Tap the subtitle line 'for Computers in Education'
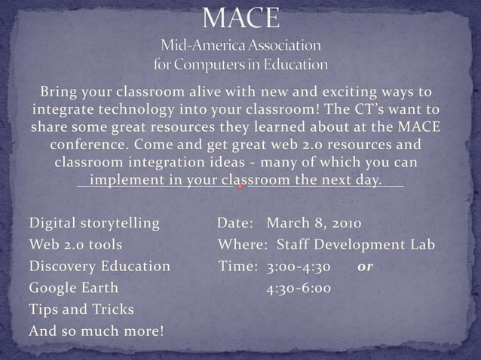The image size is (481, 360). coord(240,65)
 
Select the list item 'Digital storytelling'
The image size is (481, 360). coord(94,224)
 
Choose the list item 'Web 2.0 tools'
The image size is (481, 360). coord(75,245)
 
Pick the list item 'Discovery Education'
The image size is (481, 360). coord(100,266)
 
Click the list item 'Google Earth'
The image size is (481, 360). coord(73,288)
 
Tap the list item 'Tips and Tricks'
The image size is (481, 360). coord(81,310)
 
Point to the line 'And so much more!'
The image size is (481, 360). coord(96,331)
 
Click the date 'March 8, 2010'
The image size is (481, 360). coord(314,224)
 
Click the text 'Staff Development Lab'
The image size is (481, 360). coord(356,245)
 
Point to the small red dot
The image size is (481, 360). coord(240,186)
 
